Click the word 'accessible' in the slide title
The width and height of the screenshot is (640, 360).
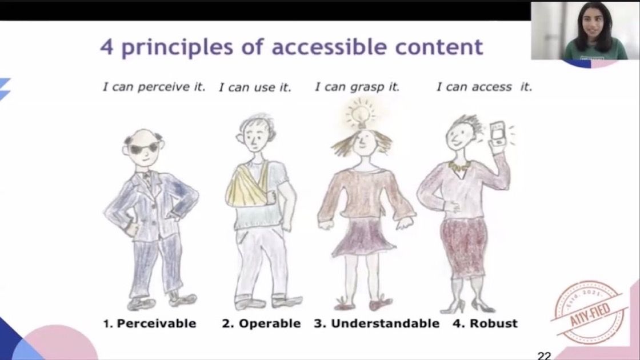(329, 46)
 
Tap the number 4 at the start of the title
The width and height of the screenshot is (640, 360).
(106, 47)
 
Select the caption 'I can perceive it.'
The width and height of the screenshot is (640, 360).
(154, 86)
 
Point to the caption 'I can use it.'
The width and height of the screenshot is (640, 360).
(255, 87)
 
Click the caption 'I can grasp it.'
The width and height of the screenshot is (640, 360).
(357, 86)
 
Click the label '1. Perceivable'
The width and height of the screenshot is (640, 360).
(150, 323)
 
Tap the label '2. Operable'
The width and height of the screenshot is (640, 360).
(261, 323)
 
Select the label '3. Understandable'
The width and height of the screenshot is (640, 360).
(377, 323)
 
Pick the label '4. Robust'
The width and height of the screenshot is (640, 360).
(485, 323)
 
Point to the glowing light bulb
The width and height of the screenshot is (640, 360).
(361, 114)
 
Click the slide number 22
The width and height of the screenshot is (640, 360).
(545, 355)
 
